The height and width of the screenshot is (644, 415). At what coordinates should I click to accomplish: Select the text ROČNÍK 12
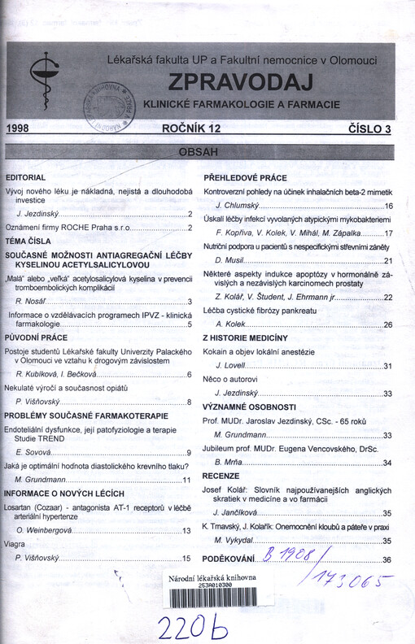point(192,128)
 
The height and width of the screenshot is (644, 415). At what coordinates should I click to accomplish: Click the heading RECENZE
point(221,475)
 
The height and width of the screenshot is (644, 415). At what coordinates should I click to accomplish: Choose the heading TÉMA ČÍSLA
point(28,241)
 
